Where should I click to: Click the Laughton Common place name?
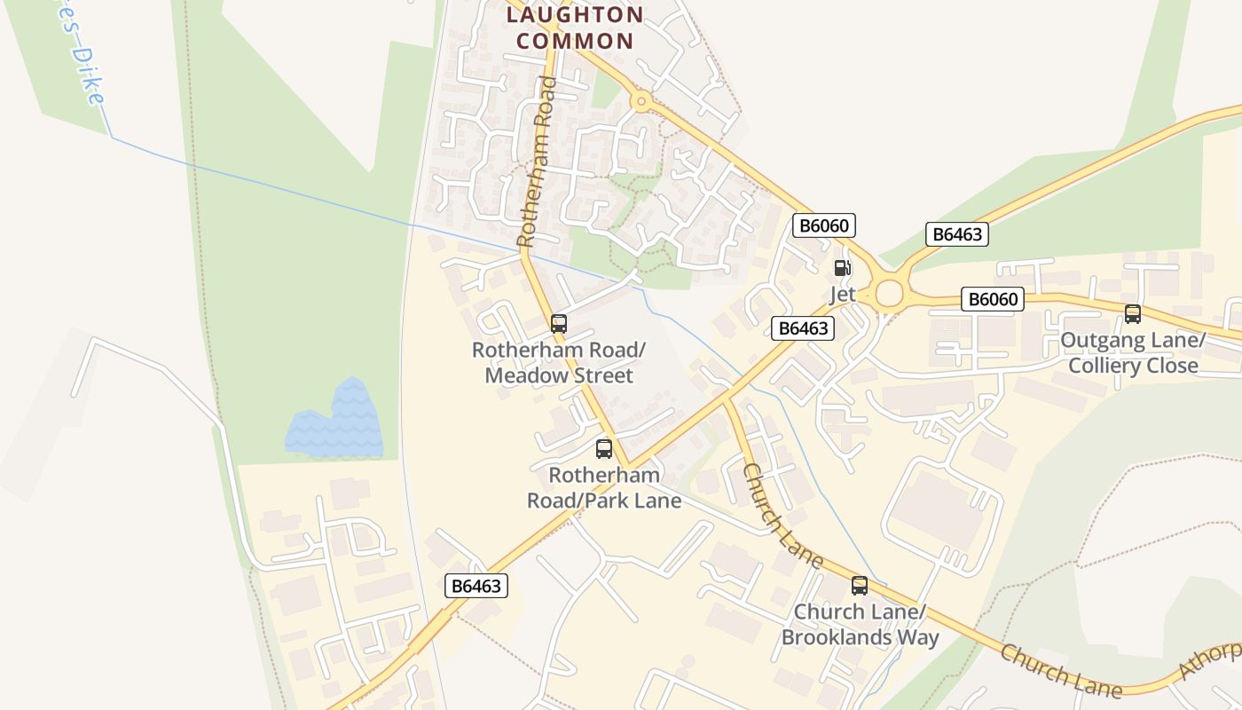coord(575,28)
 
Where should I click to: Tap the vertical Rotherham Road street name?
coord(538,162)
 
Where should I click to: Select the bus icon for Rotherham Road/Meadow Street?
coord(558,324)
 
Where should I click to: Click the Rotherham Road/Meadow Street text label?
coord(559,363)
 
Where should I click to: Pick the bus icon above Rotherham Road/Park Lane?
coord(604,449)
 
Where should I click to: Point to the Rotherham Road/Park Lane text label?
coord(604,488)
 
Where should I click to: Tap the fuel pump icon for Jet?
coord(841,268)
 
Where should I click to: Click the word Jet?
coord(842,294)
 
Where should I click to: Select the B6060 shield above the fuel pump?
coord(824,225)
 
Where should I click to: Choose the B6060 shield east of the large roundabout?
coord(993,299)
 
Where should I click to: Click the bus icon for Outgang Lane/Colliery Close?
coord(1133,313)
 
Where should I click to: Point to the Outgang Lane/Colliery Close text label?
coord(1133,353)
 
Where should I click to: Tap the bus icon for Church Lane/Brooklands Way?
coord(859,586)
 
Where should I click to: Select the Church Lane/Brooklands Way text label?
coord(860,625)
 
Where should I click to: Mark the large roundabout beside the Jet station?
coord(888,292)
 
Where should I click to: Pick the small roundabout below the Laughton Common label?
coord(640,102)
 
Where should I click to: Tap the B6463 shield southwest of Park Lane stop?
coord(476,586)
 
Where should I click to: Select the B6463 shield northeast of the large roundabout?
coord(956,234)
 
